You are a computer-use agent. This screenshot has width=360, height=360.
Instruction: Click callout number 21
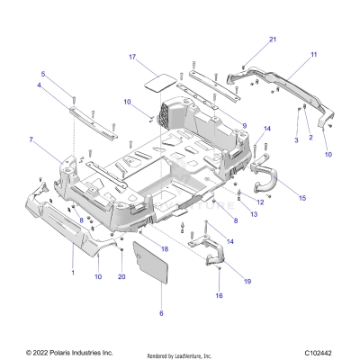[x=274, y=40]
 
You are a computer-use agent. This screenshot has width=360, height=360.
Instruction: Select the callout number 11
[x=314, y=56]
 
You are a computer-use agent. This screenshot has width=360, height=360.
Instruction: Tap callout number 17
[x=131, y=57]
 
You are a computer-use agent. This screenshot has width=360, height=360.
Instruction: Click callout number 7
[x=31, y=139]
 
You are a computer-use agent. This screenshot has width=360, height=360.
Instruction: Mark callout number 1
[x=73, y=270]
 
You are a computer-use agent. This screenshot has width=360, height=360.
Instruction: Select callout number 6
[x=161, y=313]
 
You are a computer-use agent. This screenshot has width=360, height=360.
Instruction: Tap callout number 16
[x=218, y=295]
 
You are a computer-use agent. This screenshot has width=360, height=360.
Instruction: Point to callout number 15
[x=301, y=197]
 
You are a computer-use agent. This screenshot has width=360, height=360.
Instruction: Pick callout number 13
[x=254, y=214]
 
